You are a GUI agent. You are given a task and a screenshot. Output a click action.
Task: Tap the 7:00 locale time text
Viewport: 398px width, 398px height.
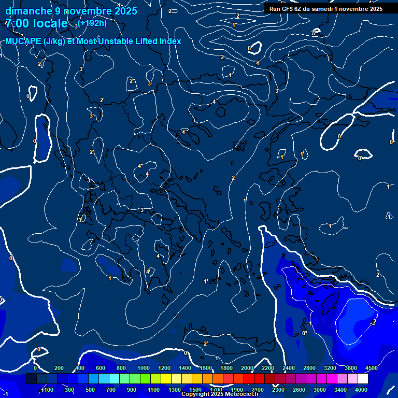click(x=36, y=23)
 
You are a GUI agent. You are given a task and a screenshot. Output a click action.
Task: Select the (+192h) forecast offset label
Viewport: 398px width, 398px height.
click(x=93, y=23)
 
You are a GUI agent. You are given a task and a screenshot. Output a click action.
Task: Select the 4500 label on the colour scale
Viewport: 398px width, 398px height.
click(x=371, y=368)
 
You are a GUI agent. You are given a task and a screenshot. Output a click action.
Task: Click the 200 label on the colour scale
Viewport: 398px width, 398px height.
click(x=59, y=368)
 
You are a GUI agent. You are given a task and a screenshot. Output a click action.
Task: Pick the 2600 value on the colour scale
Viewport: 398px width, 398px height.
click(x=298, y=390)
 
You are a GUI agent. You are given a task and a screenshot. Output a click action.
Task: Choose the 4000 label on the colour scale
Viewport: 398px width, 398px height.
click(x=362, y=390)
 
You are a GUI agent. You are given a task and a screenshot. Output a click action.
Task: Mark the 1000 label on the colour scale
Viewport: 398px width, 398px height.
click(x=143, y=368)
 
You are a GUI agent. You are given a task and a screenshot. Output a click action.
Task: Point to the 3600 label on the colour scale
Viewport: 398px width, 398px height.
click(x=350, y=368)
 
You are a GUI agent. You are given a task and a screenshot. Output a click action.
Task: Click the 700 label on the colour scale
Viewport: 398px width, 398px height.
click(x=111, y=390)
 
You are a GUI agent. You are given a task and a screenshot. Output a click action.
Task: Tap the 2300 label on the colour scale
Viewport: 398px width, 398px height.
click(x=278, y=390)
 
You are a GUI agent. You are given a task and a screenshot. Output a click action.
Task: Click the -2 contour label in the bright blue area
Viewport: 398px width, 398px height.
click(x=373, y=322)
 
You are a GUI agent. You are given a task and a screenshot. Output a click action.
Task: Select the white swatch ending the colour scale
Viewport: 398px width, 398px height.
click(x=362, y=379)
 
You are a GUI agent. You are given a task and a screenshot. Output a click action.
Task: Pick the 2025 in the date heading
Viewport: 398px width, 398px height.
click(x=125, y=10)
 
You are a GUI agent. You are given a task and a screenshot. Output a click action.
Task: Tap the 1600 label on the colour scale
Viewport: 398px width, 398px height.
click(x=206, y=368)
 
